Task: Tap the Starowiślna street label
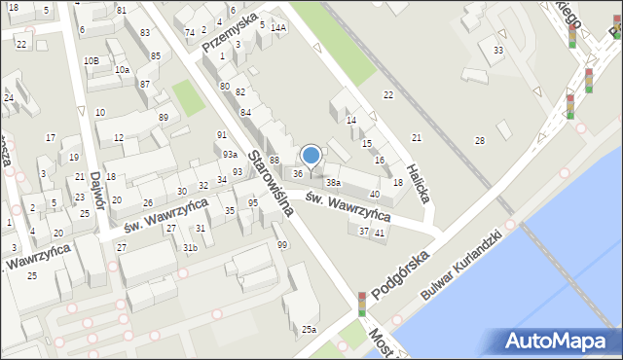click(265, 181)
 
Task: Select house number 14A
click(278, 28)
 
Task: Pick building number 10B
click(91, 61)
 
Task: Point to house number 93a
click(230, 155)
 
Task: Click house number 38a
click(333, 182)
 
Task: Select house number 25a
click(309, 330)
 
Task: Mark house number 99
click(282, 245)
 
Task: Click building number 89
click(164, 118)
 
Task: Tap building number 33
click(498, 50)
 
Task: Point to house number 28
click(479, 141)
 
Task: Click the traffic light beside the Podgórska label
click(362, 304)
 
